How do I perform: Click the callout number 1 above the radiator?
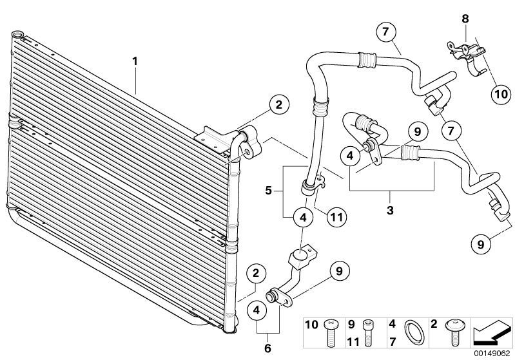pos(135,61)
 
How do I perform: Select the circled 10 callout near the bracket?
pos(500,93)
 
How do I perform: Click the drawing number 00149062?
pos(491,352)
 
